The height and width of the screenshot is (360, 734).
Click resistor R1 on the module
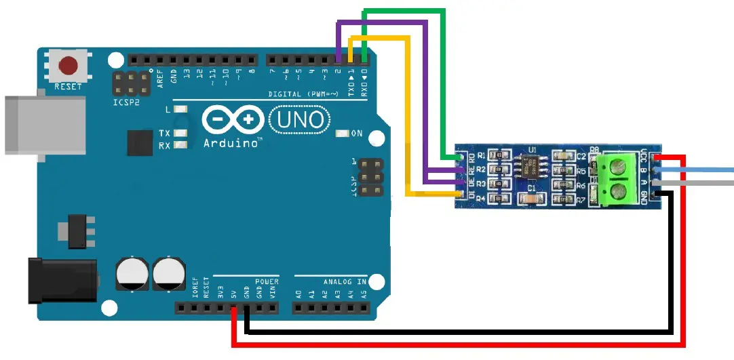[501, 155]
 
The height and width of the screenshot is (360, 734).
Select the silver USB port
[41, 126]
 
